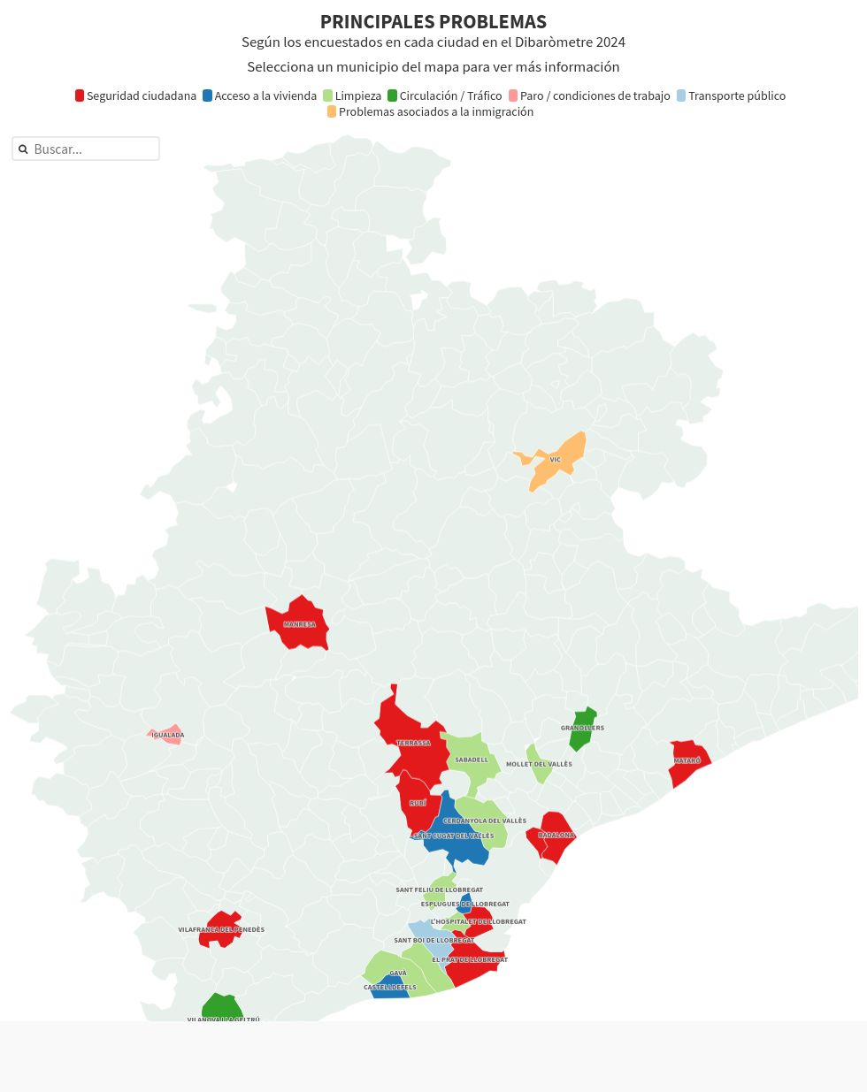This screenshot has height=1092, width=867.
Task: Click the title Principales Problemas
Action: pos(433,22)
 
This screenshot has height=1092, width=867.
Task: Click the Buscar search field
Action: pos(93,149)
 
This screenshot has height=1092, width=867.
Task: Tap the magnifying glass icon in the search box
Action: pos(23,149)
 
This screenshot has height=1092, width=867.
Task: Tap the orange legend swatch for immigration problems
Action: pos(332,111)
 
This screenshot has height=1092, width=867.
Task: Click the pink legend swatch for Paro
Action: pos(513,95)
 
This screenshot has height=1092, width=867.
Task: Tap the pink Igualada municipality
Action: pos(166,735)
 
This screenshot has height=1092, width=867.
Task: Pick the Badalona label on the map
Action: pos(556,835)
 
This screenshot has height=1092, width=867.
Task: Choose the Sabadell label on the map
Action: pos(472,760)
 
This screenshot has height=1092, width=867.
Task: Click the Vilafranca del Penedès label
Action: pos(221,929)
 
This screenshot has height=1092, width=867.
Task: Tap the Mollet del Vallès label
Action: pos(539,764)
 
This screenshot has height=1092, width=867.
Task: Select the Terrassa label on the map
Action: pos(413,743)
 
